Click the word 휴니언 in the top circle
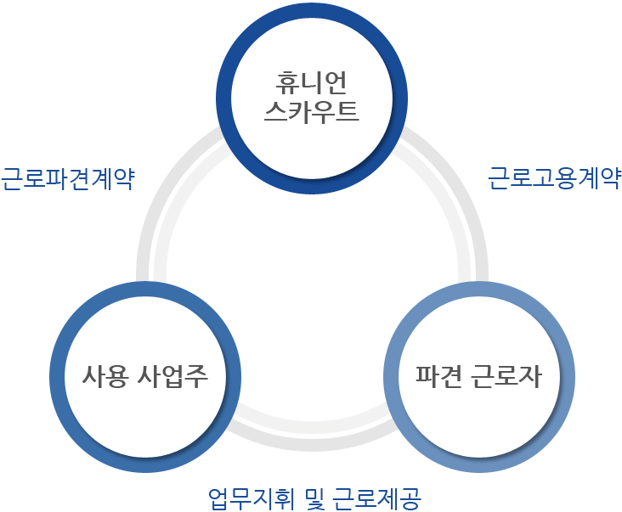click(311, 83)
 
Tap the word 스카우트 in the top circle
click(311, 112)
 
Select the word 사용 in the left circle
click(105, 375)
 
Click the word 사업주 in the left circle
click(172, 375)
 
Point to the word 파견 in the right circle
click(438, 375)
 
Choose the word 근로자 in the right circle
click(506, 375)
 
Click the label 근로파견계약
click(68, 179)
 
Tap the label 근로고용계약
click(554, 178)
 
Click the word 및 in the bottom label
click(315, 498)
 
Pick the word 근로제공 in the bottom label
click(376, 498)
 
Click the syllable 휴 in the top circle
click(287, 83)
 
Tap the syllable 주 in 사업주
click(196, 375)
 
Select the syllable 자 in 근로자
click(530, 375)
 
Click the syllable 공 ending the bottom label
click(410, 498)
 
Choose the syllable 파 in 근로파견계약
click(57, 179)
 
